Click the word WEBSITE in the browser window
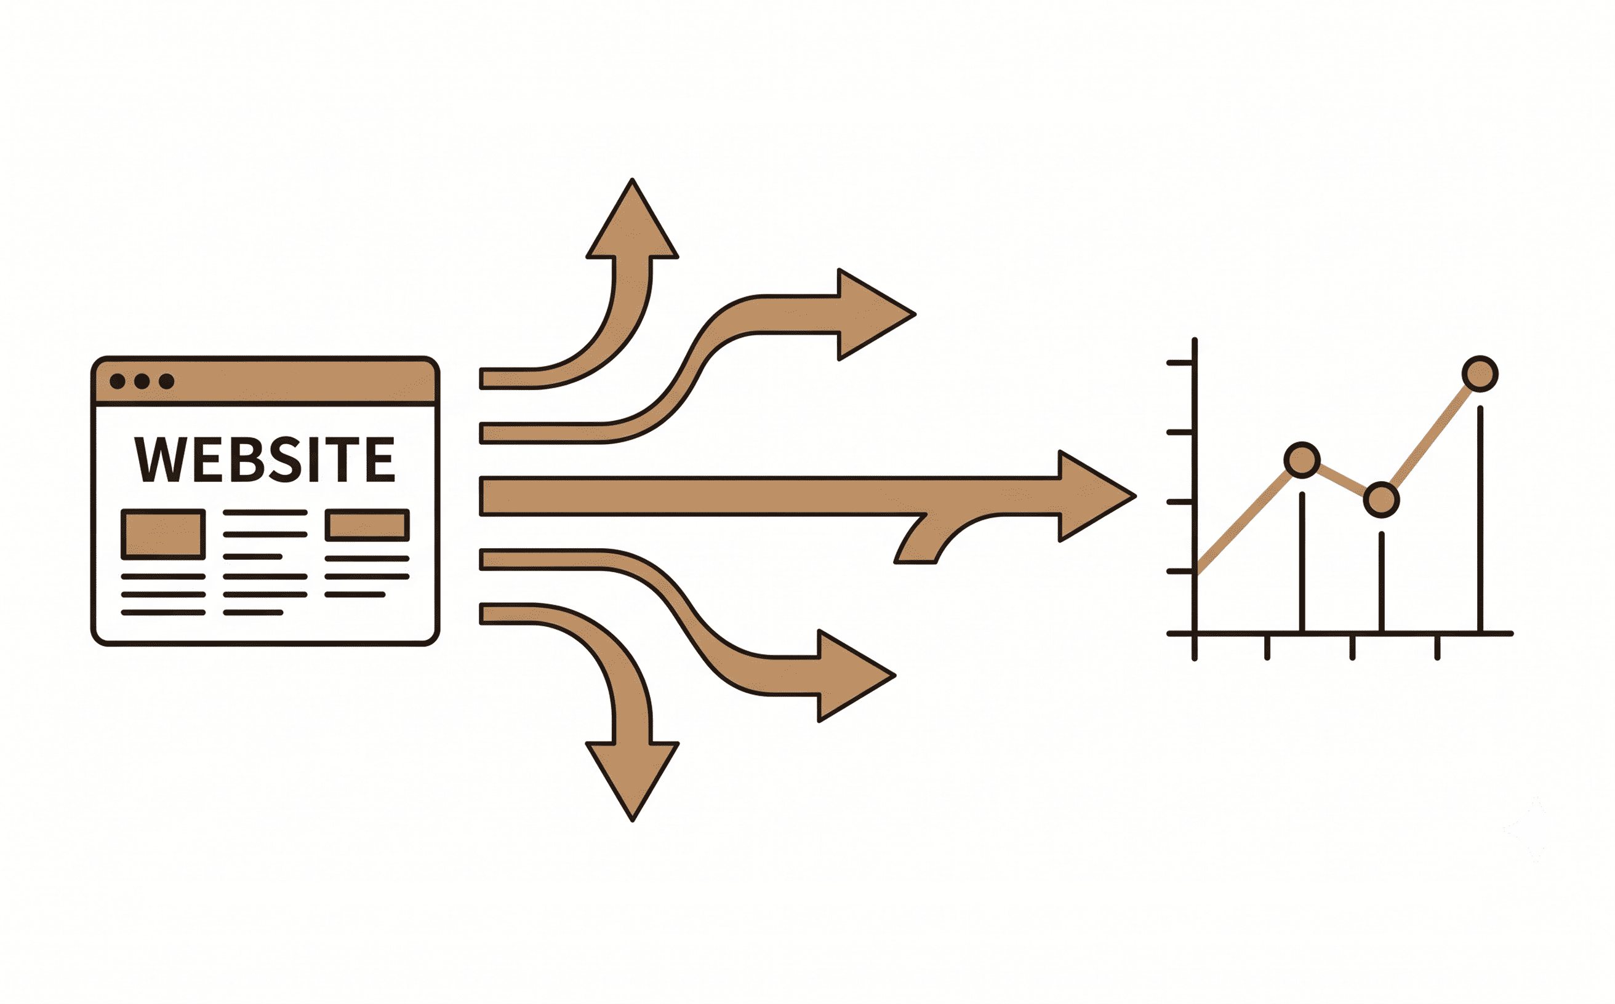[265, 459]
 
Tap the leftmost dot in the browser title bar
[118, 381]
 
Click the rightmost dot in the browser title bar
[167, 381]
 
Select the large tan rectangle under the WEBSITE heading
[164, 535]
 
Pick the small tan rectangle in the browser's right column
[367, 525]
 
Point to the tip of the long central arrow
[1136, 496]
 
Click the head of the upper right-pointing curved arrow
[876, 315]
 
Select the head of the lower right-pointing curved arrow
[856, 675]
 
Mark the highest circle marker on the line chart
[1480, 374]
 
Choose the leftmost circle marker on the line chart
[1302, 460]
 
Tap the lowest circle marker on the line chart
[1382, 500]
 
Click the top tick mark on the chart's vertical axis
[1180, 363]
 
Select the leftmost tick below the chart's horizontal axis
[1267, 647]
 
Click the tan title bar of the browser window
[265, 381]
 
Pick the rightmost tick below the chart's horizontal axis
[1438, 647]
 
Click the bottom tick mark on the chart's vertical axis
[1180, 571]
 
